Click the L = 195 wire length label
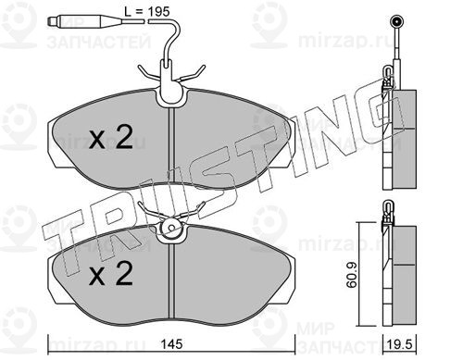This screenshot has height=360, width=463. pos(147,11)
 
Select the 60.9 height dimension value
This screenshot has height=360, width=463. pos(351,275)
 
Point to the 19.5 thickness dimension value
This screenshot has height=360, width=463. pos(400,344)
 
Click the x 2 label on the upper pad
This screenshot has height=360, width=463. pos(111,138)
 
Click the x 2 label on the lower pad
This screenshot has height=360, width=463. pos(111,273)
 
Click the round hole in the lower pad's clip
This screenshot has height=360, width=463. pos(171,229)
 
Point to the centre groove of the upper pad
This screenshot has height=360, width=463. pos(172,147)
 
